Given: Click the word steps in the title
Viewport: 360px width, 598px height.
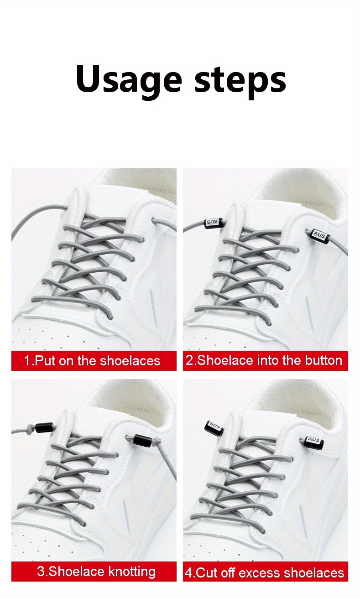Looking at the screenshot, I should click(x=240, y=80).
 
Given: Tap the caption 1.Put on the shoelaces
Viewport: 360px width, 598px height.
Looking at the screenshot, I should click(x=92, y=361).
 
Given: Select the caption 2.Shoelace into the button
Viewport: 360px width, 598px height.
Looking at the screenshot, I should click(x=264, y=360).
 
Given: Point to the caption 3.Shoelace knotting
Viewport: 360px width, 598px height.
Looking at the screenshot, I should click(x=96, y=571).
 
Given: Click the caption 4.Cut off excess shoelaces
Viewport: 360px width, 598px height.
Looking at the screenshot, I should click(x=264, y=572).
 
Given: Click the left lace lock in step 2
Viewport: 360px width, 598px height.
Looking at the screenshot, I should click(x=213, y=223).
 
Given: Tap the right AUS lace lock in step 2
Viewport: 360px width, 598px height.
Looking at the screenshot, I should click(x=318, y=234).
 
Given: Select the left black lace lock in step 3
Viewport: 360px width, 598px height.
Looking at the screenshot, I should click(x=47, y=428).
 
